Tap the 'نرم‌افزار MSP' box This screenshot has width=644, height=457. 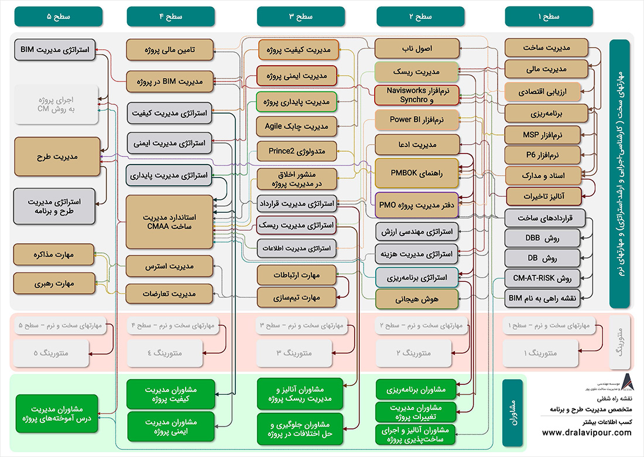point(542,135)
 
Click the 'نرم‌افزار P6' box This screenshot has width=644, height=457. point(542,155)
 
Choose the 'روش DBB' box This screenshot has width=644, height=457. point(542,238)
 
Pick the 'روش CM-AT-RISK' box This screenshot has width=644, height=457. point(542,278)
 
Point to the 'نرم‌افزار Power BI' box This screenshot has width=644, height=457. point(416,120)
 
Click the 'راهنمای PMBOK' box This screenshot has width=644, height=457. point(416,172)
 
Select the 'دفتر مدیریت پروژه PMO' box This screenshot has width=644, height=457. point(416,205)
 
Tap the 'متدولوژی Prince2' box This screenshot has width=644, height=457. point(296,151)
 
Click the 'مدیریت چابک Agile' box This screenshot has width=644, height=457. point(296,126)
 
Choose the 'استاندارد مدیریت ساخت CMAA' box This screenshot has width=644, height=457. point(169,223)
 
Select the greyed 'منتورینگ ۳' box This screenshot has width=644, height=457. point(296,353)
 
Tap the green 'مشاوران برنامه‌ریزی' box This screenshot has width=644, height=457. point(416,389)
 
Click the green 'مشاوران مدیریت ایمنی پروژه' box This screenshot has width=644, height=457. point(169,426)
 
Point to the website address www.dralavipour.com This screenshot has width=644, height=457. point(587,433)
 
